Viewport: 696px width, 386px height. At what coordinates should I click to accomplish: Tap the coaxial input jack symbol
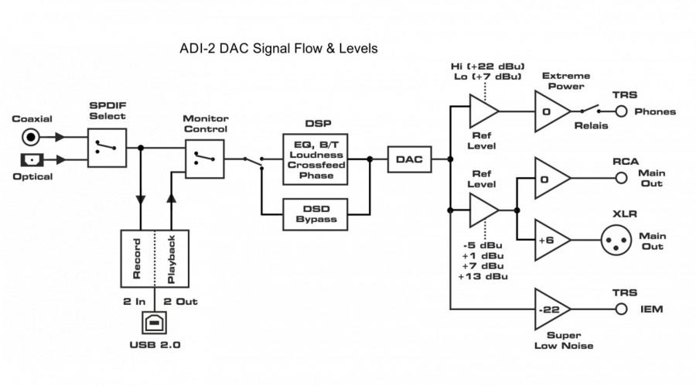[x=32, y=137]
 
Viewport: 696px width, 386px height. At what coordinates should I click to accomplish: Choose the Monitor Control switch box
[x=204, y=159]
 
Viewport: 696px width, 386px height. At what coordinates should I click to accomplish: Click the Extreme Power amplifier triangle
[x=551, y=111]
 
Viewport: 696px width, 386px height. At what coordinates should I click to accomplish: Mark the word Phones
[x=655, y=111]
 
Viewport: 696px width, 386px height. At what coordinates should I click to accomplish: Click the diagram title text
[x=278, y=50]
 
